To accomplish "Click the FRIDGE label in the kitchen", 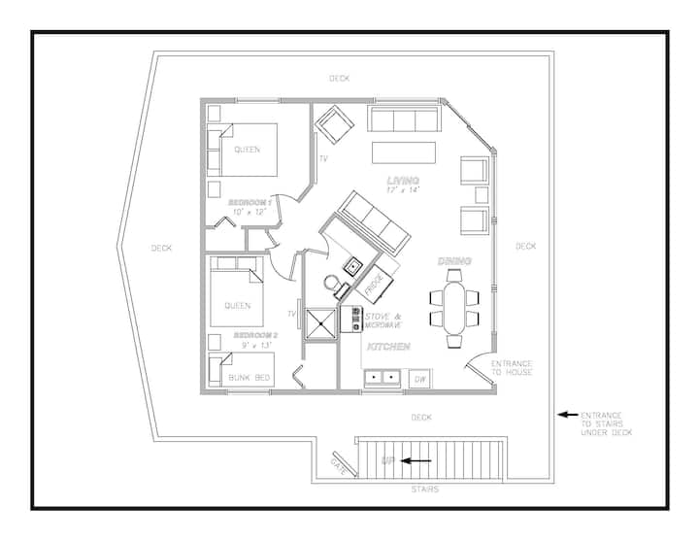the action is pyautogui.click(x=374, y=285).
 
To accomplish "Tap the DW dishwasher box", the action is pyautogui.click(x=420, y=379).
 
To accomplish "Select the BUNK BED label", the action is pyautogui.click(x=250, y=378).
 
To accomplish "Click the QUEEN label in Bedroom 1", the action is pyautogui.click(x=247, y=150).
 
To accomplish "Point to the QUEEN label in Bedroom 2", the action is pyautogui.click(x=238, y=306).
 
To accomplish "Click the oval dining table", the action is pyautogui.click(x=454, y=308).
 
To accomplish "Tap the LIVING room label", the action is pyautogui.click(x=403, y=181).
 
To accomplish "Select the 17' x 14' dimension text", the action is pyautogui.click(x=403, y=190).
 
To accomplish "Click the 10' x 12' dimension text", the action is pyautogui.click(x=250, y=212).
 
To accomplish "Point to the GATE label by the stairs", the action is pyautogui.click(x=339, y=465).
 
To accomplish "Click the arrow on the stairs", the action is pyautogui.click(x=416, y=460).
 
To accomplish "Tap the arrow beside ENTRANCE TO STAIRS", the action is pyautogui.click(x=568, y=415).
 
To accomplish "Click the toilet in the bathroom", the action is pyautogui.click(x=333, y=286).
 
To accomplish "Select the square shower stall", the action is pyautogui.click(x=320, y=324).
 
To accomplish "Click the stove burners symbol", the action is pyautogui.click(x=356, y=319).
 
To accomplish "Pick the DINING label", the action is pyautogui.click(x=454, y=261).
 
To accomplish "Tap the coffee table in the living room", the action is pyautogui.click(x=404, y=152).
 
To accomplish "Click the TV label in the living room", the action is pyautogui.click(x=323, y=158).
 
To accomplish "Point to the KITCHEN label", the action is pyautogui.click(x=388, y=347).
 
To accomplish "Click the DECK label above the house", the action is pyautogui.click(x=339, y=79).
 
